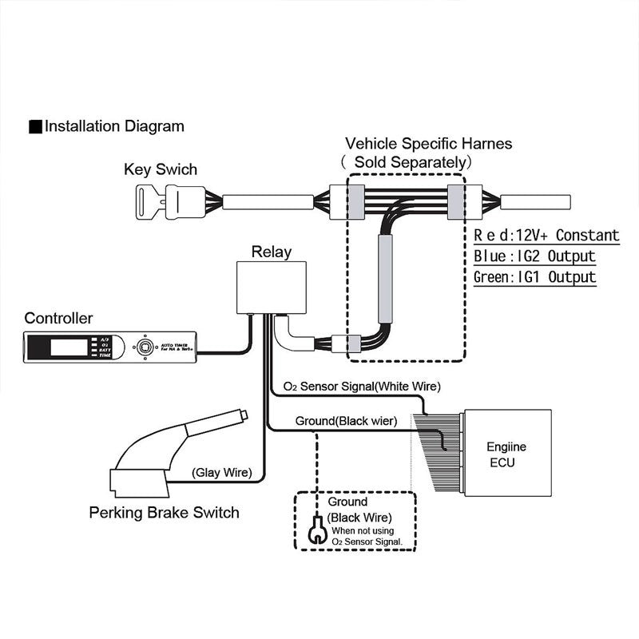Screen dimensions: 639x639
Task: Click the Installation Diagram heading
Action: tap(113, 126)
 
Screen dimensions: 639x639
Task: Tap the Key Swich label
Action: tap(160, 169)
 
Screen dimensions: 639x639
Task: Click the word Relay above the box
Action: tap(271, 252)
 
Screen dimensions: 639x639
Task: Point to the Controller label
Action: tap(58, 318)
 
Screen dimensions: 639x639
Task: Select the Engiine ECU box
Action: tap(507, 453)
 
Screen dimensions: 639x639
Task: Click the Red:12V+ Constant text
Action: tap(546, 236)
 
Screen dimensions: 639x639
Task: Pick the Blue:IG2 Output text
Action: tap(534, 256)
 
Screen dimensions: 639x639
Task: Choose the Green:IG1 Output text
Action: tap(534, 277)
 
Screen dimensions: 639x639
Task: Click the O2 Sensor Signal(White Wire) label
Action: tap(356, 387)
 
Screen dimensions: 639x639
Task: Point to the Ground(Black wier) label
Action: tap(346, 420)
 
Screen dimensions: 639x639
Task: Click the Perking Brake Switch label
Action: tap(164, 512)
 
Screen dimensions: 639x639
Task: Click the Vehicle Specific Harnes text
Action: tap(428, 144)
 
